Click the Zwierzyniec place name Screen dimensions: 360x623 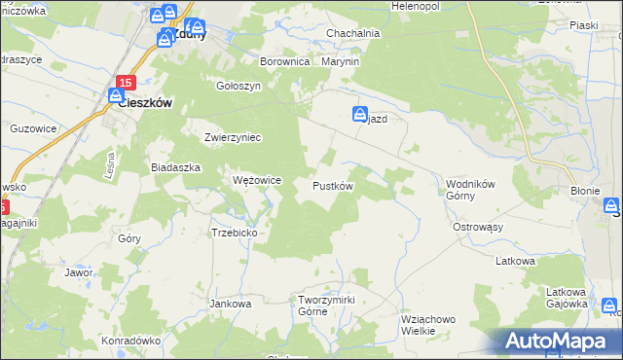[x=233, y=137]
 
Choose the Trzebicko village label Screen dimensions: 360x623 [x=234, y=233]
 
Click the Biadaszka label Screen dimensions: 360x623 [x=175, y=167]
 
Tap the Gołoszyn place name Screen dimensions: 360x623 [x=239, y=85]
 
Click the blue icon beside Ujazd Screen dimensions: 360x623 [x=359, y=114]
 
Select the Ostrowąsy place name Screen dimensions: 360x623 [x=478, y=227]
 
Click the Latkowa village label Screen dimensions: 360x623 [x=516, y=261]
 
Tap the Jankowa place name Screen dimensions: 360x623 [x=231, y=304]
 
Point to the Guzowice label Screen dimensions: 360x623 [x=32, y=127]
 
